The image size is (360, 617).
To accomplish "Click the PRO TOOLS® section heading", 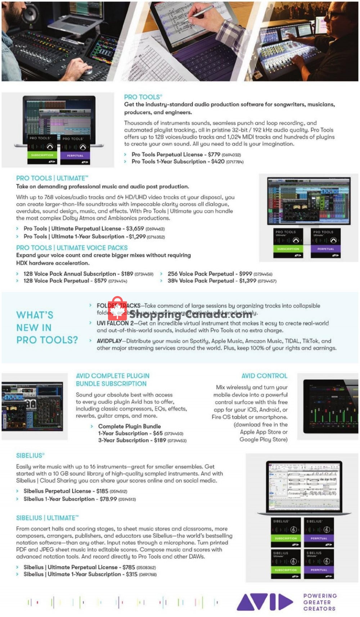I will pyautogui.click(x=143, y=97).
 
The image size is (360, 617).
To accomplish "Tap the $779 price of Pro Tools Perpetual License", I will pyautogui.click(x=214, y=155).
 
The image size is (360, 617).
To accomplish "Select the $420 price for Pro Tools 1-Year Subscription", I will pyautogui.click(x=217, y=162).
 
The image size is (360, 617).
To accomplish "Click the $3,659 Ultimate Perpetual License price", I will pyautogui.click(x=135, y=229).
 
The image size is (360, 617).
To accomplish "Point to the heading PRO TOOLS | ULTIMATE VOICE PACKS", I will pyautogui.click(x=72, y=248).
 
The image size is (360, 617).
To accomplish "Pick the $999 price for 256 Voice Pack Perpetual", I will pyautogui.click(x=245, y=274).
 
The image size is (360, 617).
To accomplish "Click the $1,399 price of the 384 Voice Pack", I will pyautogui.click(x=248, y=281).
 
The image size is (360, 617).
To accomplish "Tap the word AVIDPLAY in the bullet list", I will pyautogui.click(x=109, y=341).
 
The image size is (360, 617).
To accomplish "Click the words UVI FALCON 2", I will pyautogui.click(x=115, y=323).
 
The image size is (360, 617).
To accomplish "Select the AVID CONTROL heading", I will pyautogui.click(x=264, y=376).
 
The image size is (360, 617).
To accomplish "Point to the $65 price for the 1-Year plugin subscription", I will pyautogui.click(x=158, y=433).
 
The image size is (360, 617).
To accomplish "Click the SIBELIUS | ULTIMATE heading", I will pyautogui.click(x=46, y=518).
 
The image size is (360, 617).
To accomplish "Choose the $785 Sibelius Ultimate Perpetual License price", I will pyautogui.click(x=129, y=567).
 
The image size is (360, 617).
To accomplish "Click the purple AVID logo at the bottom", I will pyautogui.click(x=265, y=602).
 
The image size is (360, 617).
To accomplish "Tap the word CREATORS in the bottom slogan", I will pyautogui.click(x=319, y=609).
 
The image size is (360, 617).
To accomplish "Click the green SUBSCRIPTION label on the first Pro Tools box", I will pyautogui.click(x=42, y=155).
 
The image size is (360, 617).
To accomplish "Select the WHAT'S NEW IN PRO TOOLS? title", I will pyautogui.click(x=47, y=327).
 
